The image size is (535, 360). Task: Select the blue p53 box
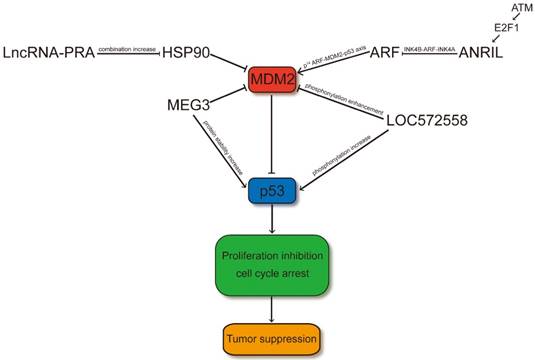pyautogui.click(x=273, y=189)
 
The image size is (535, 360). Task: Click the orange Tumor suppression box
pyautogui.click(x=273, y=339)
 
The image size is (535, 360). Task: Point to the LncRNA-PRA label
pyautogui.click(x=49, y=52)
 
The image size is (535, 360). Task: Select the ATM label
pyautogui.click(x=521, y=8)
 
